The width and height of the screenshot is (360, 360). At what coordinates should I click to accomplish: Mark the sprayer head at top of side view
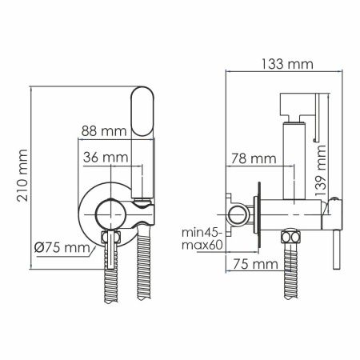pos(293,104)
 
